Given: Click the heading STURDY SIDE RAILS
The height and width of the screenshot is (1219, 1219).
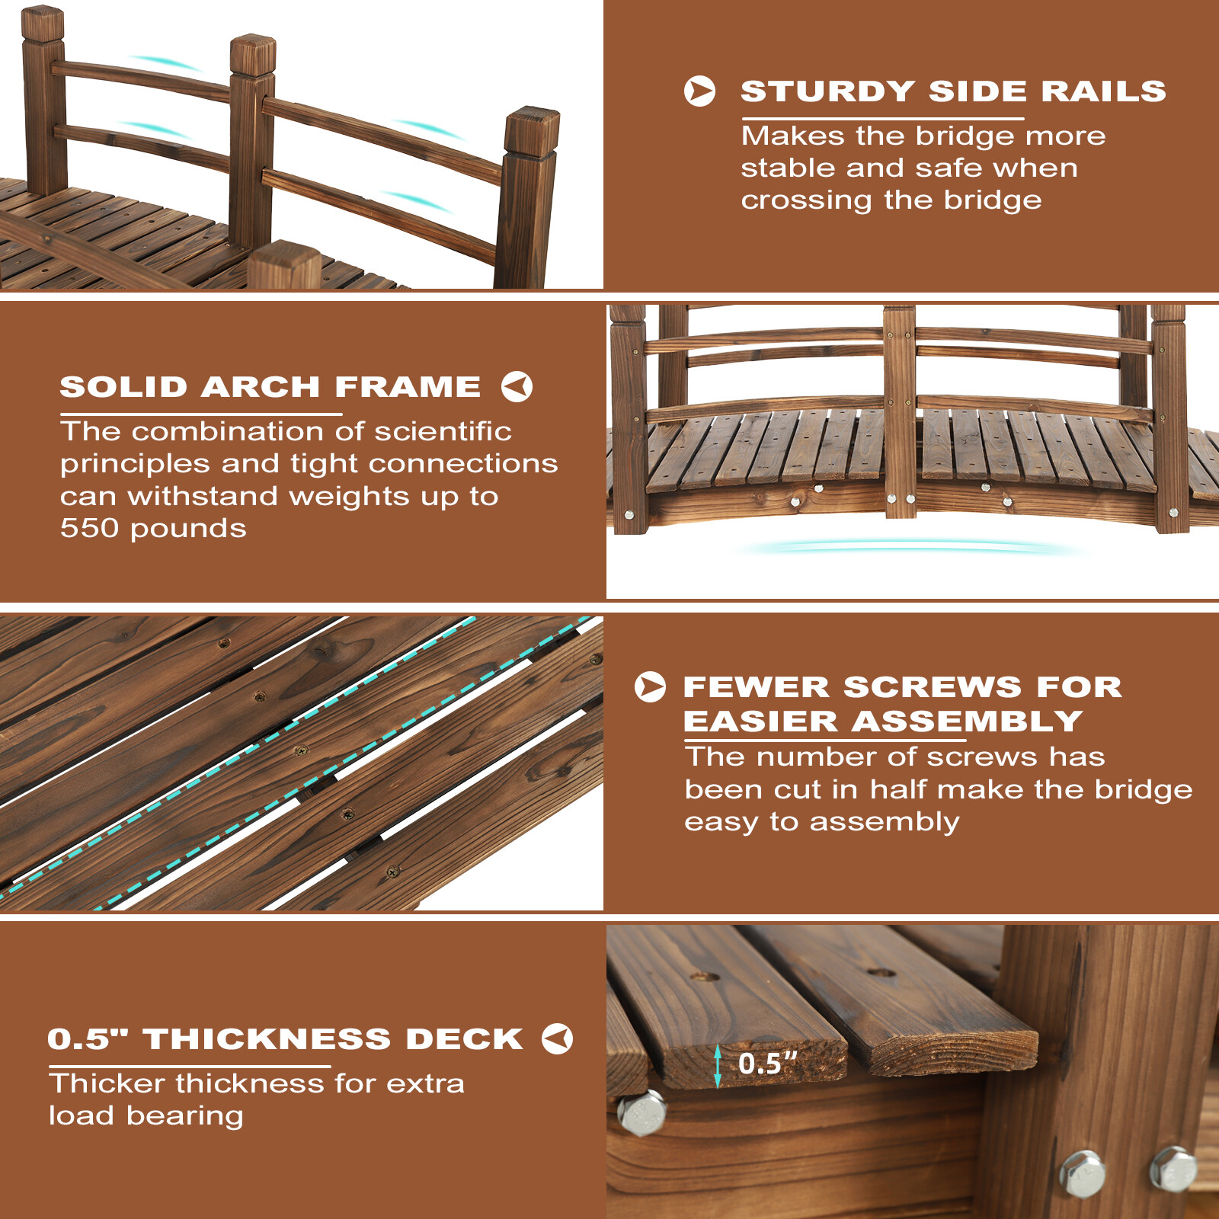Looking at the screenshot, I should pos(953,91).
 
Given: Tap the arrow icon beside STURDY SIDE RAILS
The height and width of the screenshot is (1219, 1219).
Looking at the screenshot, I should pos(699,91).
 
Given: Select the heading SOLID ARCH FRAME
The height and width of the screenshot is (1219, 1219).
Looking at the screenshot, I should pos(270,387).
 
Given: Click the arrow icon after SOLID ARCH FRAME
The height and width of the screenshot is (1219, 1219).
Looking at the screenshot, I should pos(517,386).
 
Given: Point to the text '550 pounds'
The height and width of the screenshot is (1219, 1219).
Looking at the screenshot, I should pos(153,528).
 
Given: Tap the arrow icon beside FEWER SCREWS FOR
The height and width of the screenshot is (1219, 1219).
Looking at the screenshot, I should pos(650,686).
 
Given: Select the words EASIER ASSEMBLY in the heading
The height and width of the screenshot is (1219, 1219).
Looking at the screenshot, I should pos(882,721).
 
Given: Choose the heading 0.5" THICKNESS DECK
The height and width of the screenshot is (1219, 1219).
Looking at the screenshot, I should pos(285,1039).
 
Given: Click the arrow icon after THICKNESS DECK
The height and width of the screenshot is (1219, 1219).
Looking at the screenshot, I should pos(557,1038).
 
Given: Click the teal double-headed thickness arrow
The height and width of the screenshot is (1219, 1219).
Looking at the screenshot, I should pos(717,1066).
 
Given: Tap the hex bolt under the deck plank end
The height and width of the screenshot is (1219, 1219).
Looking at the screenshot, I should pos(641,1113).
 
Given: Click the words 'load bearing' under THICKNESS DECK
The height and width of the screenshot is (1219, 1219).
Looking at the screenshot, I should pos(146,1115).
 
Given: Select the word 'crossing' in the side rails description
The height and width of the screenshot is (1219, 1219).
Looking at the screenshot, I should pos(806,200).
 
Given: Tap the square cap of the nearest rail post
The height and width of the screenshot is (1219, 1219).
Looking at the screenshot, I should pos(531,131).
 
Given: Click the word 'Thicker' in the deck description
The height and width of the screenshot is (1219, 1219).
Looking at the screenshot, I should pos(107,1083).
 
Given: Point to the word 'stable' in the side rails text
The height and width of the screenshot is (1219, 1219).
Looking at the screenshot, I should pos(787,168).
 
